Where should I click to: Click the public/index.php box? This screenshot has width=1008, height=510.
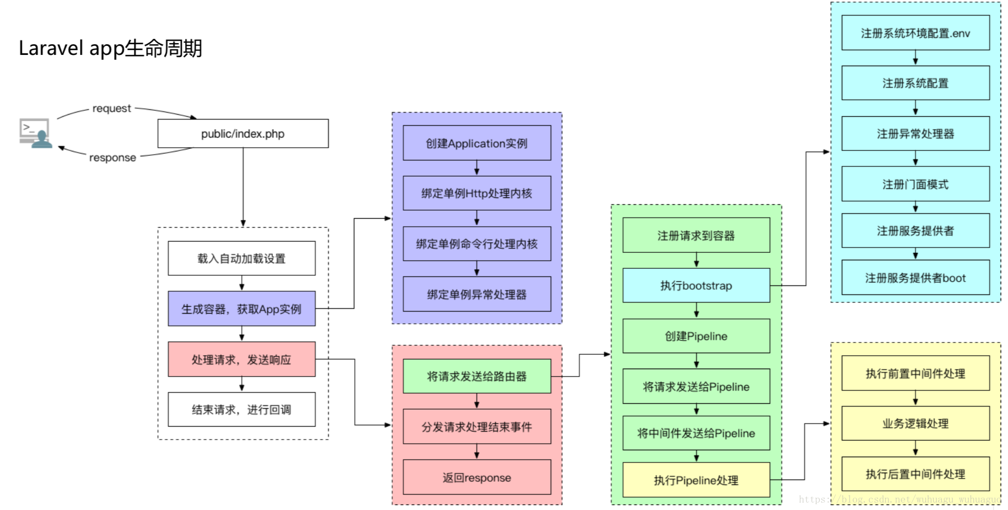tap(243, 133)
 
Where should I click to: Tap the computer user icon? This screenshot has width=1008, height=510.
tap(35, 133)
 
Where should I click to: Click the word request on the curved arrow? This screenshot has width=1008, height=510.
tap(111, 108)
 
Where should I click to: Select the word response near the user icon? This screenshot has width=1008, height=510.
tap(113, 157)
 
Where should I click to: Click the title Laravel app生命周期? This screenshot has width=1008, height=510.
tap(110, 48)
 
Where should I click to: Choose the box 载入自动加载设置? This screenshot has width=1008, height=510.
tap(242, 258)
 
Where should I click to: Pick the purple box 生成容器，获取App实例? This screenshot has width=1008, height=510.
tap(242, 308)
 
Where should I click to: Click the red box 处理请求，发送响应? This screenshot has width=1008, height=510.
tap(242, 359)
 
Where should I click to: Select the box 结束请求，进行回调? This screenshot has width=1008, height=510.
tap(242, 409)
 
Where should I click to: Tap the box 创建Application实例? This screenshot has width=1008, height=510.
tap(477, 143)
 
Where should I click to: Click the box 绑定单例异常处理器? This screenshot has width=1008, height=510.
tap(477, 294)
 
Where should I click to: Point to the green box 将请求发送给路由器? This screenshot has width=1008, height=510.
tap(477, 376)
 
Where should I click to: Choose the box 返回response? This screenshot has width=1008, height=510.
tap(477, 477)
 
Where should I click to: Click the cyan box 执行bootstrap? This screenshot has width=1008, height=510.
tap(696, 285)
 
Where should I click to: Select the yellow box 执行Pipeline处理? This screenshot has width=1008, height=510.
tap(696, 480)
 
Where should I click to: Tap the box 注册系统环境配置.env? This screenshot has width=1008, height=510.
tap(915, 33)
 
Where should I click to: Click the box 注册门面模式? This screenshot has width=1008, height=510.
tap(915, 184)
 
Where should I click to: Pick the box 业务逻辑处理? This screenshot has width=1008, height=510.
tap(915, 423)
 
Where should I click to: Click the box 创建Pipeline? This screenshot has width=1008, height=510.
tap(696, 336)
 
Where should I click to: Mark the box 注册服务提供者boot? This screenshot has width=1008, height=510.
tap(915, 277)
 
